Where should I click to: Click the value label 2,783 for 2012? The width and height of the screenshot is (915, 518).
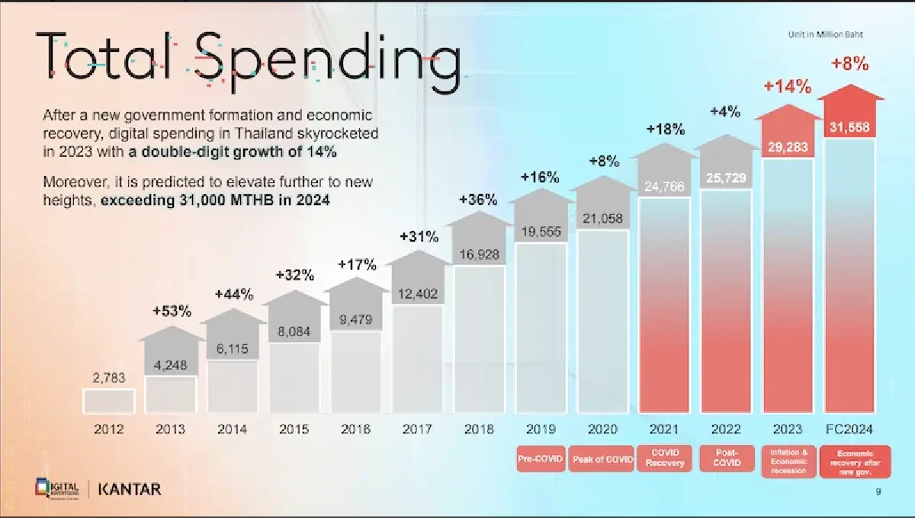(x=108, y=378)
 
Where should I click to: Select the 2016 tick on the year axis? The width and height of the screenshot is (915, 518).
(x=355, y=430)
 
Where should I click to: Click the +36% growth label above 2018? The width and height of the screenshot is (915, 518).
(x=479, y=200)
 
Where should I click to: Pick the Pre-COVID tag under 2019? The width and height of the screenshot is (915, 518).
(x=541, y=459)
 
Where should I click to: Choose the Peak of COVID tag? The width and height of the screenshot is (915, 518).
(x=602, y=459)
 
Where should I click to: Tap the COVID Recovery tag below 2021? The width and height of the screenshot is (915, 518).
(x=664, y=459)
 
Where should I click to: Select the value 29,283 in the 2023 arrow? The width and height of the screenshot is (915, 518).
(x=788, y=148)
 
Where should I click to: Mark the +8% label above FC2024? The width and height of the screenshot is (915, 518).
(x=850, y=65)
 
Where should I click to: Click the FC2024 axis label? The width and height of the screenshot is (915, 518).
(x=850, y=430)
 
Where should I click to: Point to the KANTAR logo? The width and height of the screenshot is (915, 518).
(x=130, y=489)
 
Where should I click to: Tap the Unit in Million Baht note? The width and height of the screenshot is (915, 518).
(x=825, y=34)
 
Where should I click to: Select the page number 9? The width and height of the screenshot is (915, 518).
(x=879, y=493)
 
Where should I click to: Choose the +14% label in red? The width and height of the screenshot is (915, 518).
(x=788, y=87)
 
